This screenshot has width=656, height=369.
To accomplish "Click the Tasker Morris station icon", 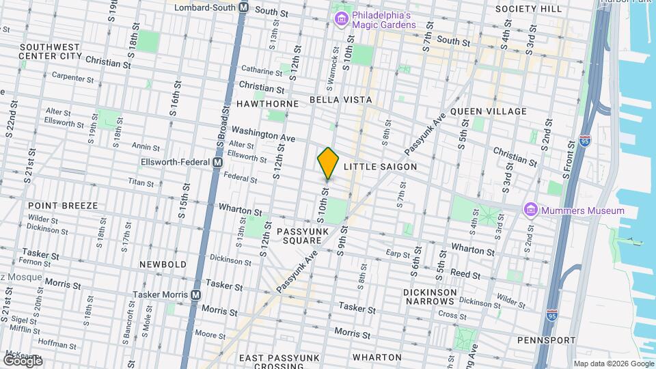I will click(196, 295).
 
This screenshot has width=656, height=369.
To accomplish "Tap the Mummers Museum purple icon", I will click(530, 209).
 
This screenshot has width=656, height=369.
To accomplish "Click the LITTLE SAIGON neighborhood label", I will click(380, 167).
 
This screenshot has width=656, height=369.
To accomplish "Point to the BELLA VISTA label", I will click(340, 100).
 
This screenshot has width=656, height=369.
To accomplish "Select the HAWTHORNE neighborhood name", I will click(267, 103).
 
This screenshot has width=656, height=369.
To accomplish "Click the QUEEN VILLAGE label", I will click(488, 111).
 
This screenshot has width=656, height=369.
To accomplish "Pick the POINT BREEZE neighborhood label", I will click(63, 205).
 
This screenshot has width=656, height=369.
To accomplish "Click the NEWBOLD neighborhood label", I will click(163, 264).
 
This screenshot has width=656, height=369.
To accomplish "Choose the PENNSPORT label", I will click(546, 340).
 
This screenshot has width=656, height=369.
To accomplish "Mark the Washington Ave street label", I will click(263, 133).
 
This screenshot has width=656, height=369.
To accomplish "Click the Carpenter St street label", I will click(72, 78).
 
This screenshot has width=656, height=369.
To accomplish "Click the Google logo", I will click(22, 361).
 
